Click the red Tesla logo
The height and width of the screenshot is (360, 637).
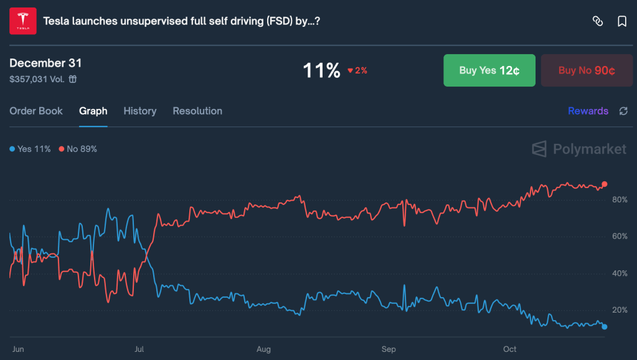[x=23, y=21]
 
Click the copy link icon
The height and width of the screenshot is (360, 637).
[x=598, y=21]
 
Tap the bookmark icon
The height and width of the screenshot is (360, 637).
[x=621, y=21]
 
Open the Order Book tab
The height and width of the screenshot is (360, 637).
[x=36, y=111]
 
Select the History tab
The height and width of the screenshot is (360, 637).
[x=139, y=111]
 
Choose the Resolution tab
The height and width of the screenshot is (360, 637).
[x=197, y=111]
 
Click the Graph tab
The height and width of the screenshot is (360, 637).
[x=93, y=111]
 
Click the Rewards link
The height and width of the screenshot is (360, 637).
[x=588, y=111]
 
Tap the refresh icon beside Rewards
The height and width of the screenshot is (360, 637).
[x=623, y=111]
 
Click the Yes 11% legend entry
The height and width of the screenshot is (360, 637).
[x=31, y=149]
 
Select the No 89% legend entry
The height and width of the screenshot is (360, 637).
[x=78, y=149]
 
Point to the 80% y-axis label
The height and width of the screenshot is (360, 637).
[x=620, y=200]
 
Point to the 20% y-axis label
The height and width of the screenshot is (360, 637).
[x=620, y=310]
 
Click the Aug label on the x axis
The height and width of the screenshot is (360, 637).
[x=263, y=349]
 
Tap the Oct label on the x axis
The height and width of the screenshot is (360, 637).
[x=509, y=349]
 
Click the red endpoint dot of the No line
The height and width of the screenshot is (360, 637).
[x=604, y=184]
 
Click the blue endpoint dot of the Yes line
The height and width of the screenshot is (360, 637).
[x=604, y=326]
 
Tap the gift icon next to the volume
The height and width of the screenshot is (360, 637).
[x=73, y=79]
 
